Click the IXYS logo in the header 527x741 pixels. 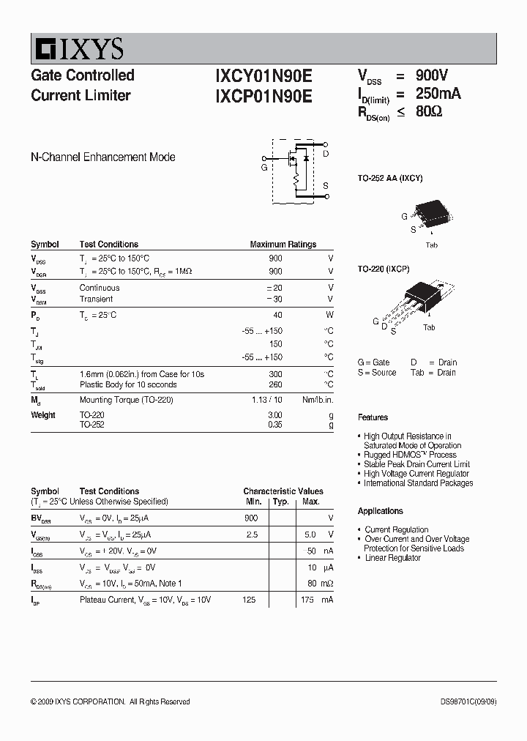pyautogui.click(x=78, y=49)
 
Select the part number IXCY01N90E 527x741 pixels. pyautogui.click(x=263, y=75)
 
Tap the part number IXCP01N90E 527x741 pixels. pyautogui.click(x=263, y=96)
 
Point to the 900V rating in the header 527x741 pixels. pyautogui.click(x=432, y=75)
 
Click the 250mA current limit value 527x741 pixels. pyautogui.click(x=438, y=94)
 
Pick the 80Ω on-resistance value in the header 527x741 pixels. pyautogui.click(x=429, y=112)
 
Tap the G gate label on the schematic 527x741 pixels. pyautogui.click(x=264, y=168)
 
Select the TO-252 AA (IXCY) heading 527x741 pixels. pyautogui.click(x=390, y=178)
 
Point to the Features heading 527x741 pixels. pyautogui.click(x=373, y=417)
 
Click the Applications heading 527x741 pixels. pyautogui.click(x=381, y=511)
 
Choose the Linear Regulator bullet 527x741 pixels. pyautogui.click(x=392, y=558)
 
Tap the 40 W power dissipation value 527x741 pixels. pyautogui.click(x=277, y=315)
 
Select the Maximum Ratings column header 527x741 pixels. pyautogui.click(x=283, y=245)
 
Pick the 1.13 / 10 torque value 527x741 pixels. pyautogui.click(x=266, y=400)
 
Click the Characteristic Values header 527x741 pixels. pyautogui.click(x=283, y=491)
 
